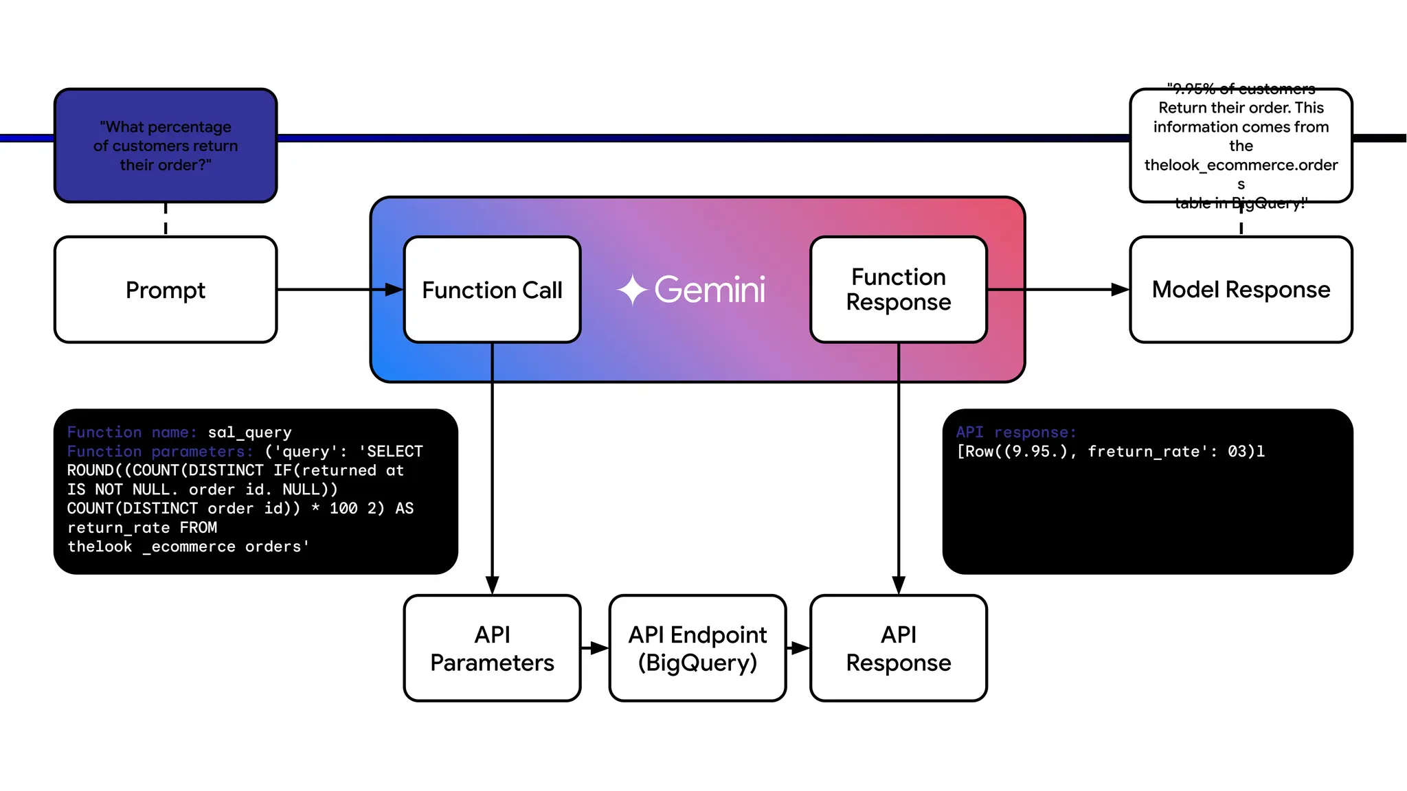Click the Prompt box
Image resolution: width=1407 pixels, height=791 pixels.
click(x=166, y=290)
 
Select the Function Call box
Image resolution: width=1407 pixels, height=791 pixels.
click(x=492, y=290)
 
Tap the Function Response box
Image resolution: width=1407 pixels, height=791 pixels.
click(x=898, y=290)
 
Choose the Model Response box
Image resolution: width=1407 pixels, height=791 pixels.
click(x=1241, y=290)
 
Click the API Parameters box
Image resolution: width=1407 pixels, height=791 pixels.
click(x=492, y=648)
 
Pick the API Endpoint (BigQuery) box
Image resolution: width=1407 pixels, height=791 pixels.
click(x=697, y=648)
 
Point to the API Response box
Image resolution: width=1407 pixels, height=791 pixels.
click(x=898, y=648)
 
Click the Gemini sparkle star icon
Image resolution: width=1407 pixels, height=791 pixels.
click(x=632, y=290)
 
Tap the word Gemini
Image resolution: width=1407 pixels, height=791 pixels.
click(x=710, y=290)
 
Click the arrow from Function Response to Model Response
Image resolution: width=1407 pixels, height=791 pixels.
click(x=1058, y=290)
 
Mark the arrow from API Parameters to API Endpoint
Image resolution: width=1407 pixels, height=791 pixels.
click(x=595, y=648)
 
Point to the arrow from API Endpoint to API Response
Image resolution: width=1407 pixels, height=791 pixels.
click(x=798, y=648)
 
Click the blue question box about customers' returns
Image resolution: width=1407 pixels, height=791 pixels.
click(x=166, y=146)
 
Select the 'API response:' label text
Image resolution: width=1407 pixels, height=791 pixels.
click(x=1015, y=433)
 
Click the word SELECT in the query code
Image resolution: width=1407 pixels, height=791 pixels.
click(x=394, y=452)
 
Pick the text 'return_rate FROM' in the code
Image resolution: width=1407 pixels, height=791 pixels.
click(x=142, y=528)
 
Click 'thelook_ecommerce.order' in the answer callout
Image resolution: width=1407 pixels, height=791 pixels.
click(x=1241, y=165)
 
